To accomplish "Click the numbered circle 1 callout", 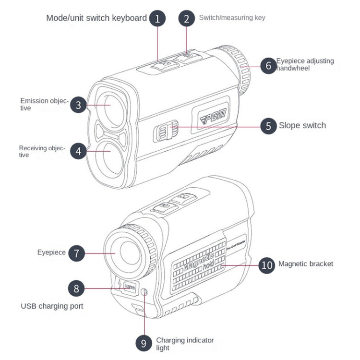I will (157, 19).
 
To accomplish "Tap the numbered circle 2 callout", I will (186, 19).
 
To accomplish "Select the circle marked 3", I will (79, 105).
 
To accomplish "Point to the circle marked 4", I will (79, 151).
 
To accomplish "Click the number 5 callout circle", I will (268, 126).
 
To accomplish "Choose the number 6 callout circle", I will (268, 65).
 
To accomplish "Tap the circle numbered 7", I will (76, 253).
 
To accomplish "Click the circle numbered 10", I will (267, 264).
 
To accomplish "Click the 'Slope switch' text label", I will (302, 126).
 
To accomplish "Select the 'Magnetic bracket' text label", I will (306, 264).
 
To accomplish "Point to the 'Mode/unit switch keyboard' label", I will (96, 18).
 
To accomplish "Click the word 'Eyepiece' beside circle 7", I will (51, 252).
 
